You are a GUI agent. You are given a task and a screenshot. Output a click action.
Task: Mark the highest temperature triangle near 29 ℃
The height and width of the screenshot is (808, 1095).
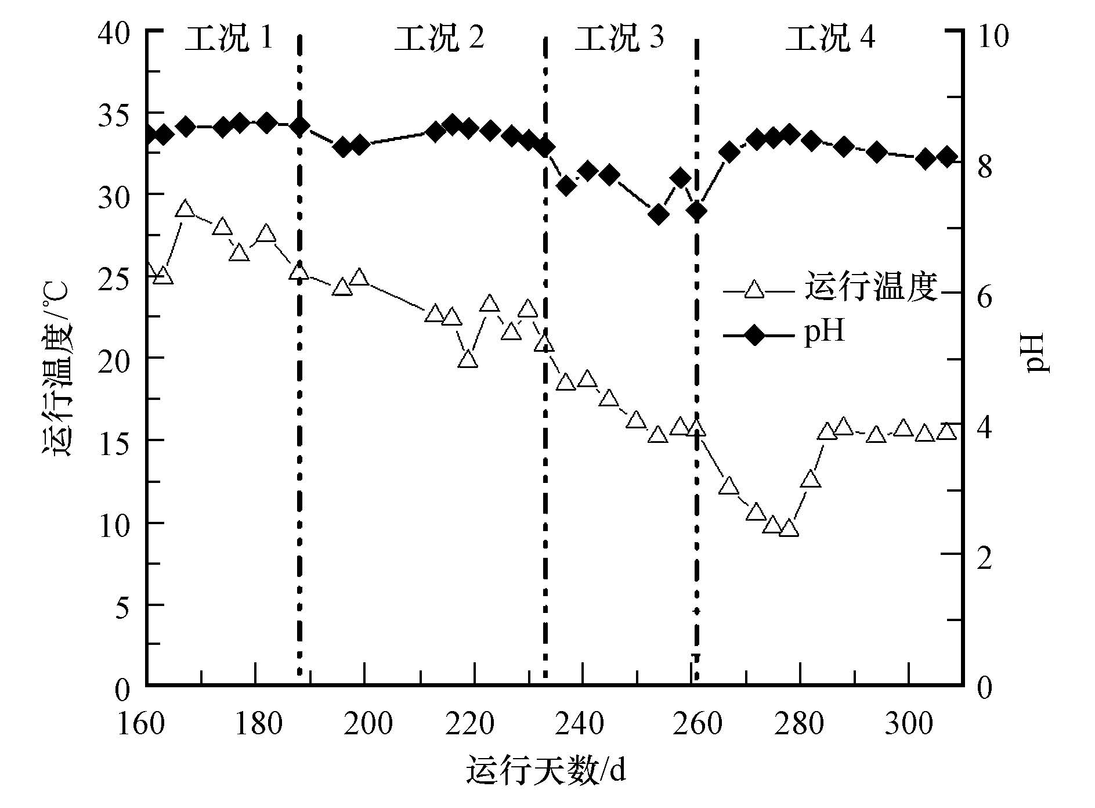tap(185, 209)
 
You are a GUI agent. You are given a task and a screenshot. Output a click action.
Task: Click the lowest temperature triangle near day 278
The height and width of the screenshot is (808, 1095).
tap(789, 528)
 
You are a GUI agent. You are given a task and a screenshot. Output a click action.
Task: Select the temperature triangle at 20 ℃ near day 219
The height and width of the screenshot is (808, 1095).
tap(468, 359)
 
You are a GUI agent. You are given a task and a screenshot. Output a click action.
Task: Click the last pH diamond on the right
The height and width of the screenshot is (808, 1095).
tap(946, 157)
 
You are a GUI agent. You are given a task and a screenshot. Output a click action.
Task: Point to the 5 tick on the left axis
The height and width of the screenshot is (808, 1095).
tap(122, 606)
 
